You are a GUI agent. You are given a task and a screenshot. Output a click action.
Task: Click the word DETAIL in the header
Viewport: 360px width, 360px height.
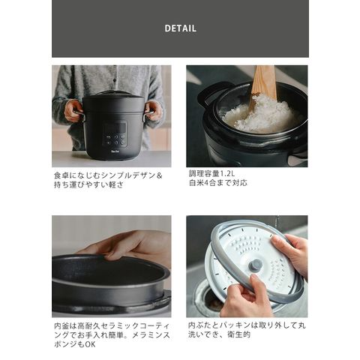point(180,28)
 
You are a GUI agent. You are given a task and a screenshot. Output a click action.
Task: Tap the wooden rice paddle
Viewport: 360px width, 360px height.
point(262,85)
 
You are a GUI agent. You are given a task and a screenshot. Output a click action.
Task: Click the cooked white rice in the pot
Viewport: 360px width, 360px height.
point(260,115)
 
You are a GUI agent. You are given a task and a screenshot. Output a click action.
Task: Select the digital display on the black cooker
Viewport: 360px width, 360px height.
point(115,127)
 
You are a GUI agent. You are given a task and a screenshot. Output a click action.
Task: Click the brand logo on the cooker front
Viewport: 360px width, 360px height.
point(115,151)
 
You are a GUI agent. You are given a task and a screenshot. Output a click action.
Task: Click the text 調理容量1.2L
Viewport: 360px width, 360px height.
point(212,173)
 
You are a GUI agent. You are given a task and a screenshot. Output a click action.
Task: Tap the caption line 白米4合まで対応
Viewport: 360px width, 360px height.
point(218,183)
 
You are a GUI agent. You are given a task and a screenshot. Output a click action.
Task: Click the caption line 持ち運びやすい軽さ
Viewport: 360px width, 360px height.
point(89,184)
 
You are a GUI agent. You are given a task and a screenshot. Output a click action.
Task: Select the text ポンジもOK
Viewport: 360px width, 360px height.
point(75,344)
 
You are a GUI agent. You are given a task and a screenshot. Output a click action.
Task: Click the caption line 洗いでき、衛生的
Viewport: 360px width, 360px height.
point(219,334)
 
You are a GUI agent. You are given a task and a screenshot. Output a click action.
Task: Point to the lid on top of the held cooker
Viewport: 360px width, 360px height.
point(114,94)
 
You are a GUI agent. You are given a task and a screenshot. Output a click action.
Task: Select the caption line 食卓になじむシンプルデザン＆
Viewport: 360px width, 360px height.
point(108,175)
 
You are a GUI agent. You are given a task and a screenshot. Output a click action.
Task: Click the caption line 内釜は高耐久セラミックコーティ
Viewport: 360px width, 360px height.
point(112,325)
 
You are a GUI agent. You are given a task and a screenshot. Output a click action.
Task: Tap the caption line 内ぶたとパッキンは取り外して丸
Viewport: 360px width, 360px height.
point(247,325)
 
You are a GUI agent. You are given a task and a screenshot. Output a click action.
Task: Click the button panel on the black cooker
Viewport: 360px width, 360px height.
point(115,139)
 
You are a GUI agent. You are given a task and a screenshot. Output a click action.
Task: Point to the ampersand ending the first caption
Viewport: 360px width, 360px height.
point(159,175)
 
